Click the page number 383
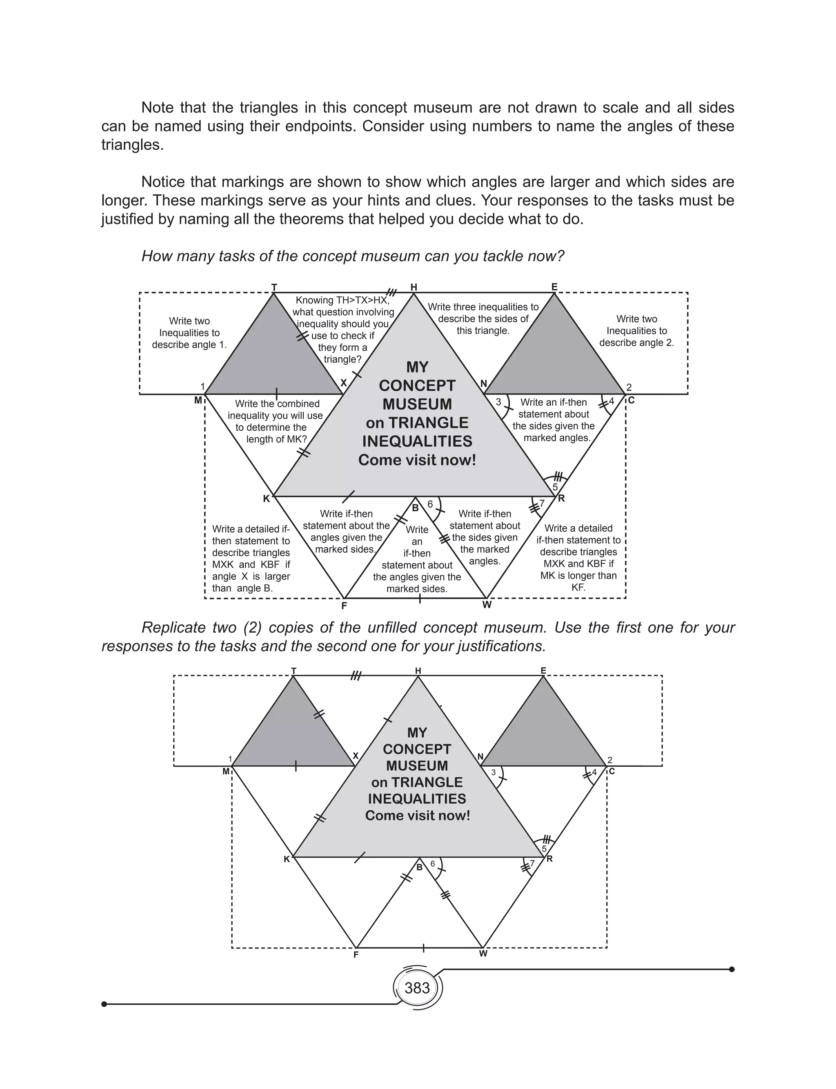point(417,987)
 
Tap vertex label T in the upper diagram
point(273,287)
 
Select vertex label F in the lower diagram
point(356,954)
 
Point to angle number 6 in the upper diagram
point(430,505)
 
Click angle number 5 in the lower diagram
point(544,849)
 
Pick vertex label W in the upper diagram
point(487,605)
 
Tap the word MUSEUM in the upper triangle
point(417,404)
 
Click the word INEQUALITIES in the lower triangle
point(417,798)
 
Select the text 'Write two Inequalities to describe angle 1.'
point(189,333)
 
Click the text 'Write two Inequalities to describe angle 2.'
point(636,330)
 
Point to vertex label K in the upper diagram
point(266,499)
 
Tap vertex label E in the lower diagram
point(543,671)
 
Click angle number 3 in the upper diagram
point(498,402)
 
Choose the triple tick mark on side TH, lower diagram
point(356,676)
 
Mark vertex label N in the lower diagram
point(480,757)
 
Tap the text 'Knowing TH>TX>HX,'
point(342,300)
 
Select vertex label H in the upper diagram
point(414,287)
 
